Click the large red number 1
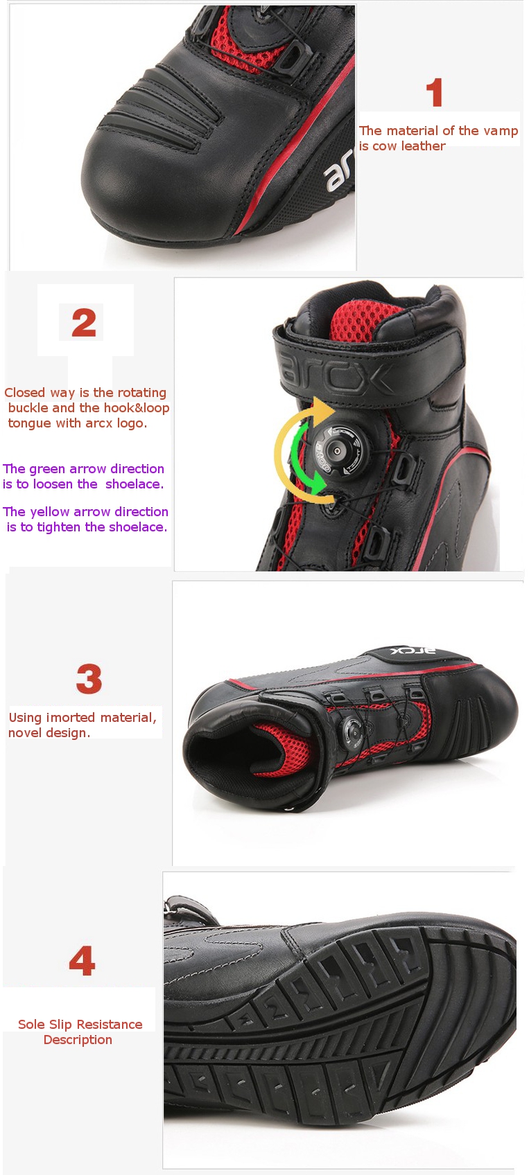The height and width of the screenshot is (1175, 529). (435, 92)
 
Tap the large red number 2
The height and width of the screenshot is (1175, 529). (84, 322)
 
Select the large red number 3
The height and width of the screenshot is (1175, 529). (89, 679)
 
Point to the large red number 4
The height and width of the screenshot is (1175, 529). (82, 960)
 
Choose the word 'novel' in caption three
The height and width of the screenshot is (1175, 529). (24, 733)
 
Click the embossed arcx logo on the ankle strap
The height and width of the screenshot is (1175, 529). (336, 373)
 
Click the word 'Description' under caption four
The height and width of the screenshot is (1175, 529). (78, 1040)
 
